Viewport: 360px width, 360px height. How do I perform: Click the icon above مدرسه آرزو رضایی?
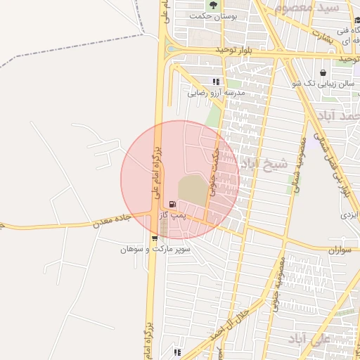point(216,82)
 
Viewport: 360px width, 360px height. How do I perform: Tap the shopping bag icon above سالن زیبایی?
point(322,72)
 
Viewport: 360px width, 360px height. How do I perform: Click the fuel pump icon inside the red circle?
point(173,205)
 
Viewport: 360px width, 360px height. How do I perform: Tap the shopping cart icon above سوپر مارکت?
point(154,238)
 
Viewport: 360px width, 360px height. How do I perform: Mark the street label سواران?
point(339,250)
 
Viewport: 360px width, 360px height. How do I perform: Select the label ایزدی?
point(349,213)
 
